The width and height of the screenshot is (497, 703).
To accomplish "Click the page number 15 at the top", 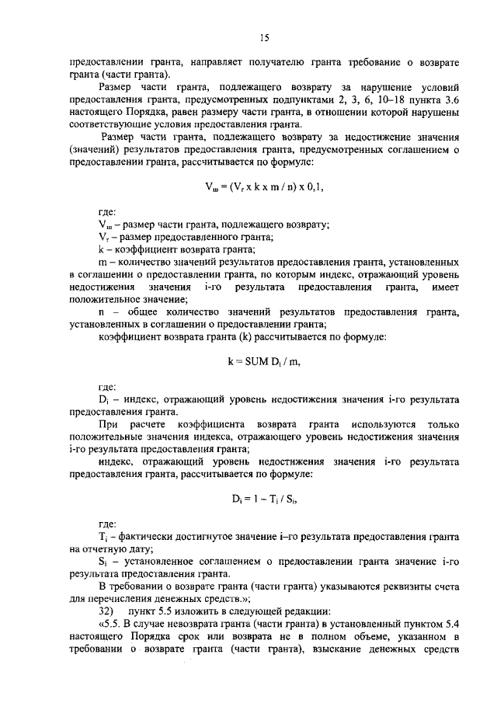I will pyautogui.click(x=264, y=37).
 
